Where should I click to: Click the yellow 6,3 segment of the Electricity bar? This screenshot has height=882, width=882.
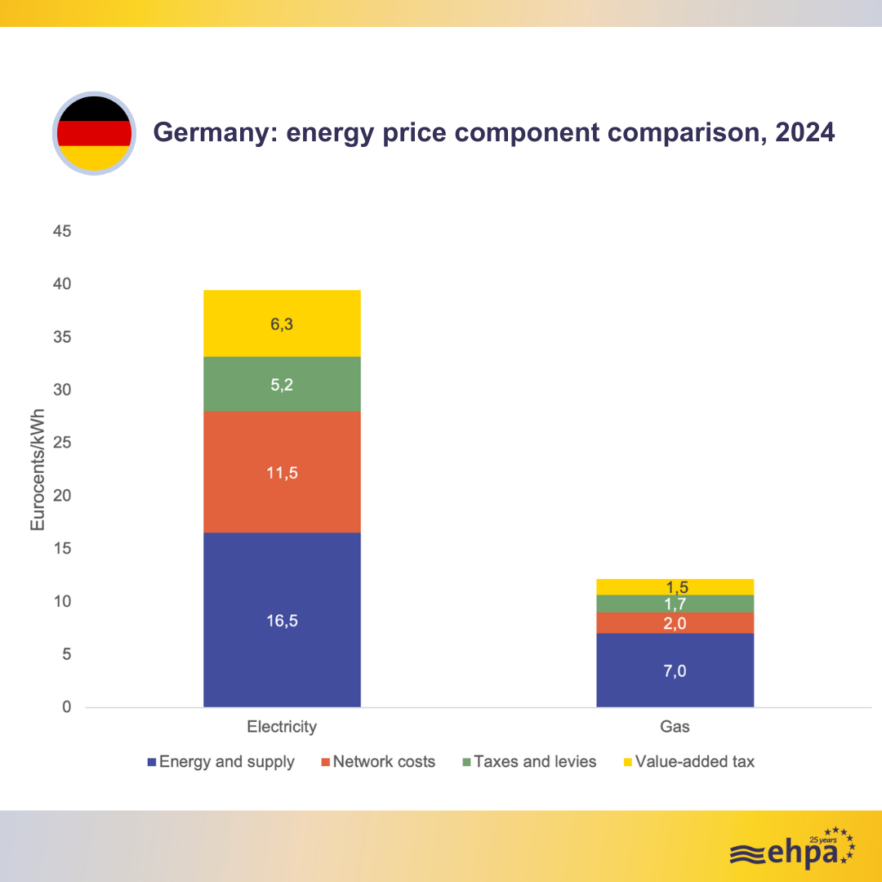click(282, 323)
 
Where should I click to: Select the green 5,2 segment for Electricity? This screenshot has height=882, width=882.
click(282, 384)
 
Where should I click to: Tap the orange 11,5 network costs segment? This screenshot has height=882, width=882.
click(282, 472)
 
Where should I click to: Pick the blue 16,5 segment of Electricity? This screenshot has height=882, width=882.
click(282, 620)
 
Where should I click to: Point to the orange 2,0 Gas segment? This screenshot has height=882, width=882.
click(675, 623)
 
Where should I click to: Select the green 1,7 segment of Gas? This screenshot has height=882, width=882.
click(675, 604)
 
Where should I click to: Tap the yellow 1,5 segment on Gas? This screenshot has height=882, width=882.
click(675, 586)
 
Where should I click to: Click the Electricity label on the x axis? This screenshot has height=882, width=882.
click(282, 726)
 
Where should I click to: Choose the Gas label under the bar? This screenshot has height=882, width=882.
click(675, 726)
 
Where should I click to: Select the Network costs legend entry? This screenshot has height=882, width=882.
click(378, 762)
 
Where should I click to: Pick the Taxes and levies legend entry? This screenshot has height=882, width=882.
click(529, 762)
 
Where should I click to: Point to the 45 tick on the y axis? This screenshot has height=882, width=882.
click(63, 232)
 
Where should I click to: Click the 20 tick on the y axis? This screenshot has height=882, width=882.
click(63, 497)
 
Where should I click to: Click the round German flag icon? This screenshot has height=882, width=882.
click(94, 133)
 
